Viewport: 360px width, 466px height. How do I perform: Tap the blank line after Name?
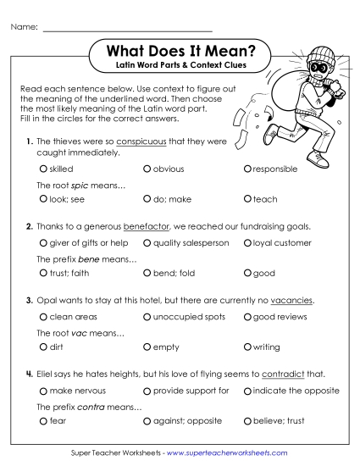(x=127, y=28)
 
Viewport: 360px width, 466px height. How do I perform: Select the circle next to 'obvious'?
(x=147, y=169)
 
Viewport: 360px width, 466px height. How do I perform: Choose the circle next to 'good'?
(x=247, y=274)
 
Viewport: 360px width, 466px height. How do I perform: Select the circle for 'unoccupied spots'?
(x=147, y=317)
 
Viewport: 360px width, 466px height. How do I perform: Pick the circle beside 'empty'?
(x=147, y=347)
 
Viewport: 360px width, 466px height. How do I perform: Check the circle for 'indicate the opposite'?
(x=247, y=391)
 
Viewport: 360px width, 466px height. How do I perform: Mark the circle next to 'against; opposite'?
(x=147, y=420)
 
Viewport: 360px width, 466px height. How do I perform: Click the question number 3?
(x=29, y=301)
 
